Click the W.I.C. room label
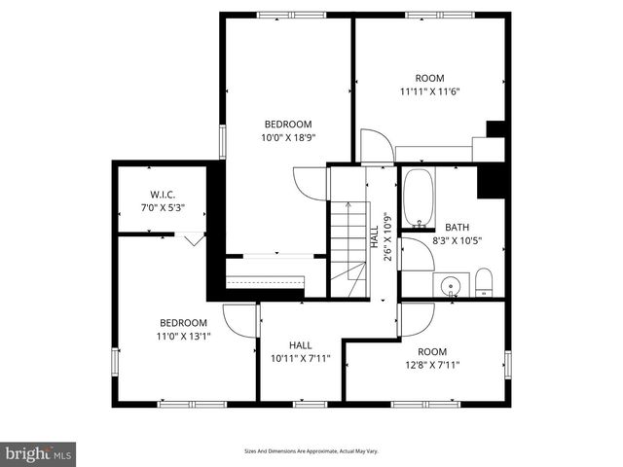point(162,193)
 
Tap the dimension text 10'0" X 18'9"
point(287,138)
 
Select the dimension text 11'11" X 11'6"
point(429,92)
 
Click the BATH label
point(457,228)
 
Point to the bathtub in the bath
point(420,198)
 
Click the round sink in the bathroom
point(451,286)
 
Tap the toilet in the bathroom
point(484,283)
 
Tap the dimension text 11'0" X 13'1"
point(183,337)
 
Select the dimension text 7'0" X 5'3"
point(162,207)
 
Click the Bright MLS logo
point(39,453)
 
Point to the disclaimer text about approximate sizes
point(311,451)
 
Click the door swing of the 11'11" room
point(377,146)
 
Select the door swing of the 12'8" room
point(417,318)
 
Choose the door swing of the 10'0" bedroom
point(309,182)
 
